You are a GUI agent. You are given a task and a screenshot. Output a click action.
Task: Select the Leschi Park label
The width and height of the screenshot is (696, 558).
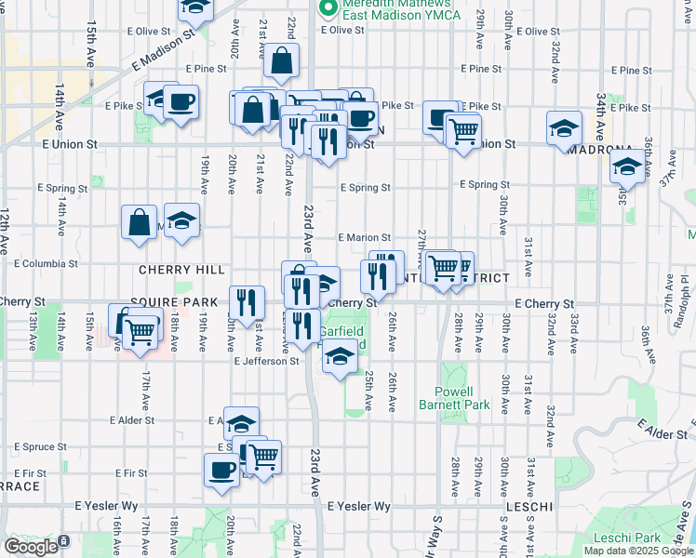(x=630, y=538)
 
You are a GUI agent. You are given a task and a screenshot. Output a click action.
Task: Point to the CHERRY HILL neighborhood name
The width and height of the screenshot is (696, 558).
(x=181, y=270)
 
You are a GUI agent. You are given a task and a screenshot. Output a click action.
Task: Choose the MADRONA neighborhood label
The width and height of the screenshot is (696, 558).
(x=600, y=150)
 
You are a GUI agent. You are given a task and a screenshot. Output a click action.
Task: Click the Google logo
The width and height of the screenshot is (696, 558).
(x=31, y=547)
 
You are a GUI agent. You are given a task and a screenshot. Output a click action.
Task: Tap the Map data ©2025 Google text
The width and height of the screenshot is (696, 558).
(x=638, y=551)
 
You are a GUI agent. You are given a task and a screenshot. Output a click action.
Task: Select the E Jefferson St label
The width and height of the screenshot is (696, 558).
(x=266, y=361)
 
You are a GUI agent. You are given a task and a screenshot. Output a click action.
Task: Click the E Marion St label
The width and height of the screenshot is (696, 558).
(x=365, y=238)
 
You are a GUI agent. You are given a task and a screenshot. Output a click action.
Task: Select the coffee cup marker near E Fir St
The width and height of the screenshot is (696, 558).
(x=222, y=470)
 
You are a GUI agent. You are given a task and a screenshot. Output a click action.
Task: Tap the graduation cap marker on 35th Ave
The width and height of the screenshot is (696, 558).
(x=628, y=167)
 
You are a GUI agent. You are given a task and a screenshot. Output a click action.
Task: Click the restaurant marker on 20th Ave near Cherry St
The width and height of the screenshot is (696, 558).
(x=246, y=301)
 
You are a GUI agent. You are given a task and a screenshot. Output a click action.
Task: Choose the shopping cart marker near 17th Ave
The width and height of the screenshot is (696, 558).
(x=140, y=329)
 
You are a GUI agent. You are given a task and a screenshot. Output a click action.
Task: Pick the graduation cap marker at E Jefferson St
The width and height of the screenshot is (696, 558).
(x=341, y=358)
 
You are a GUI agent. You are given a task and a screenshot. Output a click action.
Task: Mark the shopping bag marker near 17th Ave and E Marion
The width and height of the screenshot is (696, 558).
(x=139, y=222)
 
